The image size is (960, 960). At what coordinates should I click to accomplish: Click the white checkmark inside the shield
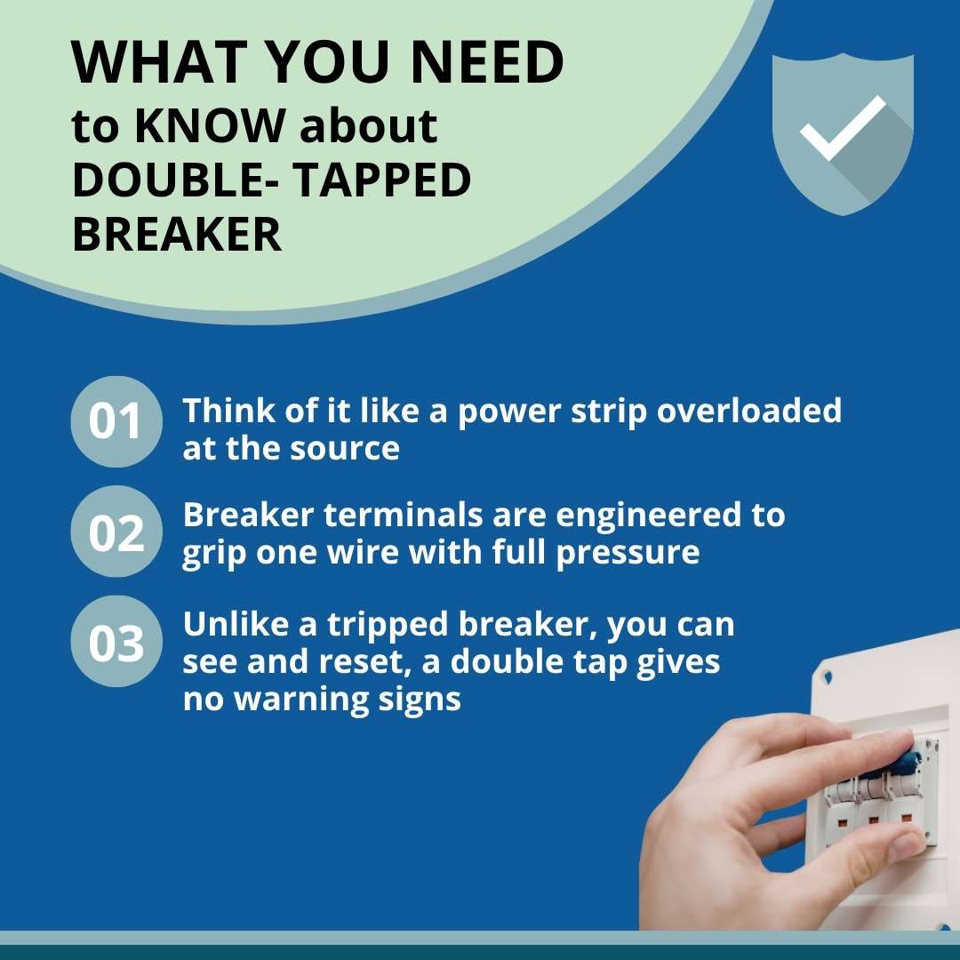point(842,128)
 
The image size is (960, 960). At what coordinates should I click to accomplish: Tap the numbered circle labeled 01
point(116,422)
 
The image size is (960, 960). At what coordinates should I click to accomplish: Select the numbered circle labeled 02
point(116,532)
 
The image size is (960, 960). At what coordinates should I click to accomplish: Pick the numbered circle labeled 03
point(116,643)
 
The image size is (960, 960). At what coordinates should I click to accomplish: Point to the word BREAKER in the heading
point(176,235)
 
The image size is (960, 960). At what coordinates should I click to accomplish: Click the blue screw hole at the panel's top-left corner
point(828,677)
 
